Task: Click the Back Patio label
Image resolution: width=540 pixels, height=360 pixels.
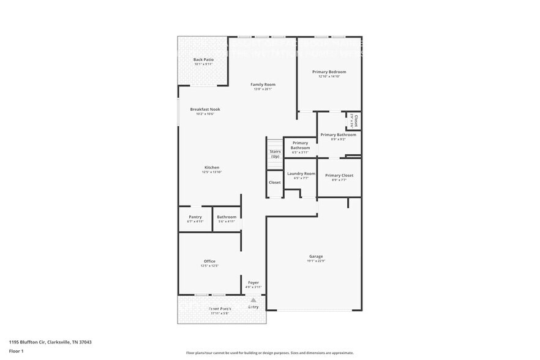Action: coord(203,59)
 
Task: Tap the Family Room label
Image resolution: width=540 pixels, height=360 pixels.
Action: coord(263,84)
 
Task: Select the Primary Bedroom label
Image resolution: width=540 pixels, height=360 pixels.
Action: coord(329,72)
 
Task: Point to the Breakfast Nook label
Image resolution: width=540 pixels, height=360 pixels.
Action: coord(204,109)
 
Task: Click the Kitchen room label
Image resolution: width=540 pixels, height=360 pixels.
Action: coord(211,167)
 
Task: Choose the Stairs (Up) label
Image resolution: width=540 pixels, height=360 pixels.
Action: coord(275,154)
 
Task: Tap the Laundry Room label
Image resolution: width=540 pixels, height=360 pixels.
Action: coord(301,173)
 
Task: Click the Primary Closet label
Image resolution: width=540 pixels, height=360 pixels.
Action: coord(339,175)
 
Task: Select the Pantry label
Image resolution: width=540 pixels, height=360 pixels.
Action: coord(195,217)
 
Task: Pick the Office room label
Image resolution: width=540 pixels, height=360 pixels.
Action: coord(209,261)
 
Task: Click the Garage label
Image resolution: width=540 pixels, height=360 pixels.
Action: coord(316,256)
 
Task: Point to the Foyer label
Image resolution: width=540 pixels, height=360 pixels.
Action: coord(253,282)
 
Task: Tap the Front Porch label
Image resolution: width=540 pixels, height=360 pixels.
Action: coord(219,309)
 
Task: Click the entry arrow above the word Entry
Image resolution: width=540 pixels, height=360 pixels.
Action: coord(253,300)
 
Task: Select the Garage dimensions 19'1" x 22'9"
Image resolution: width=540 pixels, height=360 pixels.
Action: coord(316,261)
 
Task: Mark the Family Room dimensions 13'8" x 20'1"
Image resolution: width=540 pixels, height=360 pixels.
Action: coord(263,89)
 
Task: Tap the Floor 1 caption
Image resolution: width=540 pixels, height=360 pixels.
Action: coord(16,351)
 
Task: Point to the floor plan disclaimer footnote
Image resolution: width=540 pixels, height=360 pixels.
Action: coord(269,353)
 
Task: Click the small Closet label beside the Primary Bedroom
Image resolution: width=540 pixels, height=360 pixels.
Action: coord(355,121)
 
